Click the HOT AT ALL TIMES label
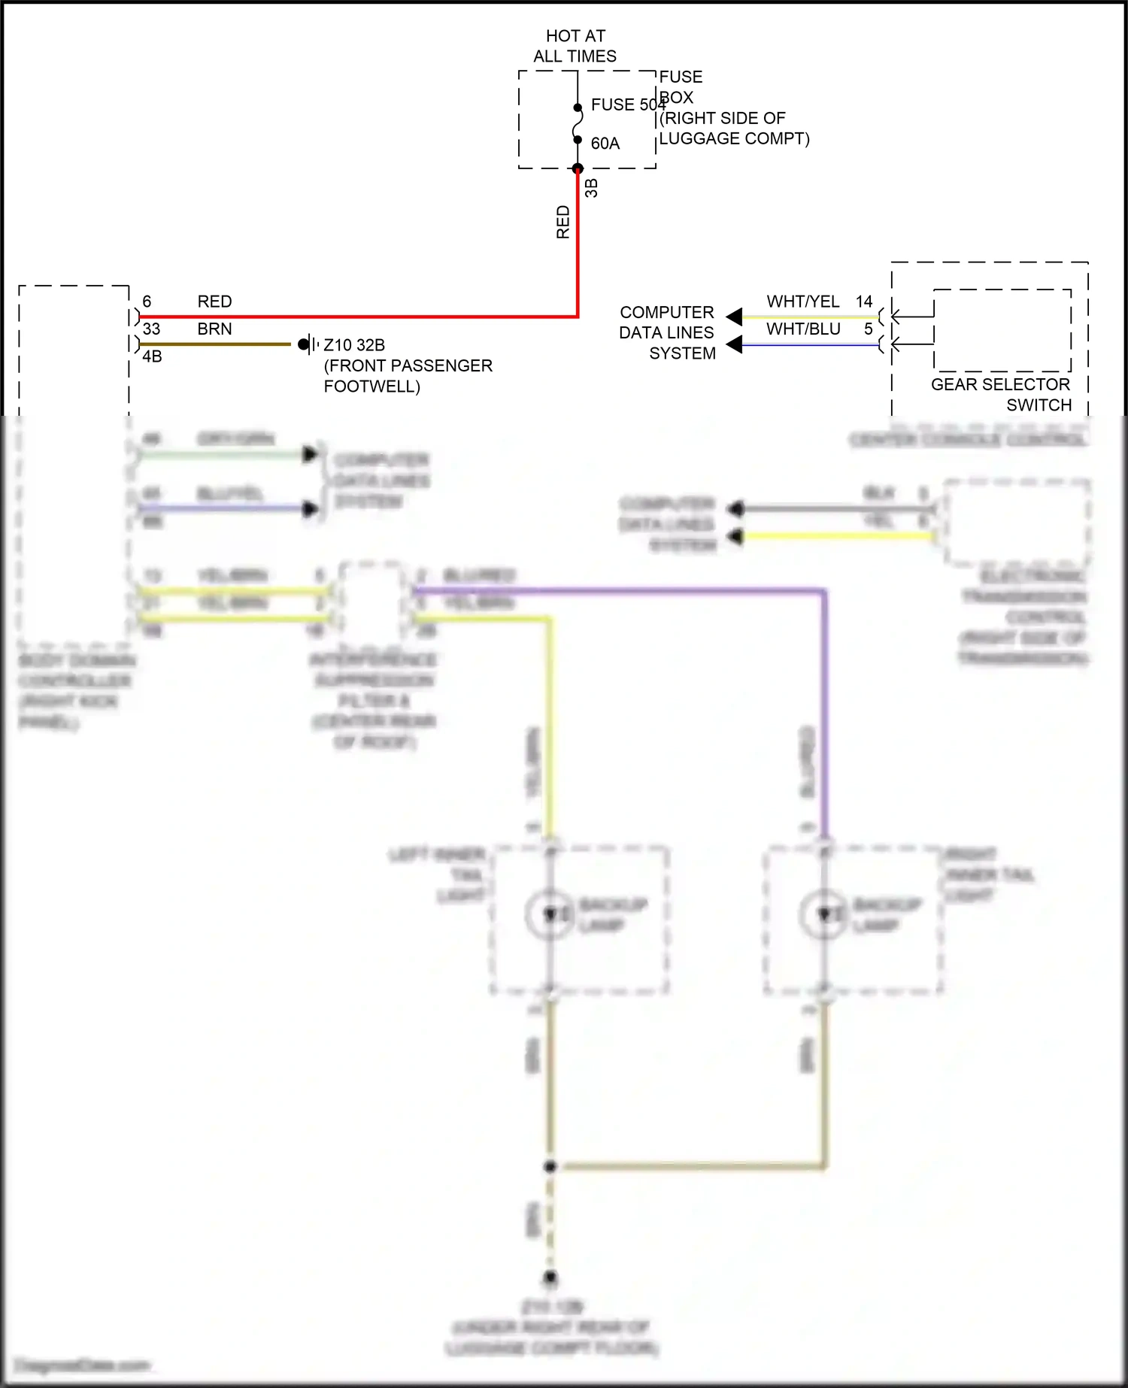click(x=575, y=46)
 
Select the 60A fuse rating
click(x=605, y=144)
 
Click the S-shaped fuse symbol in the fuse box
click(x=578, y=123)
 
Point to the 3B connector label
click(x=592, y=188)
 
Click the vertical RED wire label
click(x=563, y=223)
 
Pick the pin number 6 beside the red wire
click(x=147, y=302)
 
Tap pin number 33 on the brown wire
click(x=151, y=329)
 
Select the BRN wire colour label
click(x=214, y=329)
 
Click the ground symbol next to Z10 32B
click(x=308, y=344)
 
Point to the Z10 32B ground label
click(x=354, y=345)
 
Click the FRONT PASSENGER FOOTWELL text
click(x=408, y=376)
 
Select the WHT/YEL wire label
click(x=802, y=302)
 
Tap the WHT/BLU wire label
click(x=803, y=329)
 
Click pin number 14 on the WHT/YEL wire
click(x=864, y=302)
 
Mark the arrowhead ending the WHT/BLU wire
click(x=734, y=345)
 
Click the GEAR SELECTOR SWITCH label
click(x=1001, y=395)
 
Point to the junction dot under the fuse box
click(x=578, y=168)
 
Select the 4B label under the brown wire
click(x=152, y=356)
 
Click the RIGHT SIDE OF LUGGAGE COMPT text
click(x=734, y=129)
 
